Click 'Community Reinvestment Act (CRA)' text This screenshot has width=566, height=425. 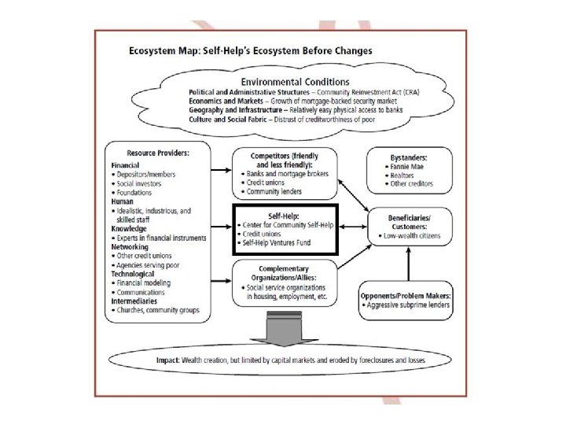tap(395, 92)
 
